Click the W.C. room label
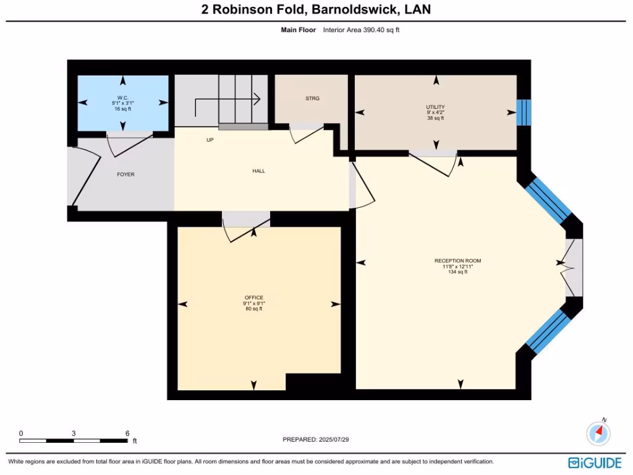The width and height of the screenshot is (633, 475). coord(122,98)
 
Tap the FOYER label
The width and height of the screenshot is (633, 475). coord(125,174)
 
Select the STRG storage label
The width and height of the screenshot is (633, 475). coord(312,98)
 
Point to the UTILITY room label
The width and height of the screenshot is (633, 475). coord(435,107)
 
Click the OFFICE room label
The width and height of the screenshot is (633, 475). coord(253,298)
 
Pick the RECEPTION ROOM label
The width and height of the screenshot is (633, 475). coord(457,261)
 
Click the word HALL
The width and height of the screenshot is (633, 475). coord(258,171)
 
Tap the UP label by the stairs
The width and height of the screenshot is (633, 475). coord(210,140)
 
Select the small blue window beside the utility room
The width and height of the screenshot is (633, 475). coord(524,113)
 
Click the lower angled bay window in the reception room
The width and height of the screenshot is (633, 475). coord(548,332)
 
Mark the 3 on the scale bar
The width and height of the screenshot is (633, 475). coord(74,434)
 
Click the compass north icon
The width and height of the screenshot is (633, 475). coord(598,432)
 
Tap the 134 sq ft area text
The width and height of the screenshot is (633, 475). coord(457,272)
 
